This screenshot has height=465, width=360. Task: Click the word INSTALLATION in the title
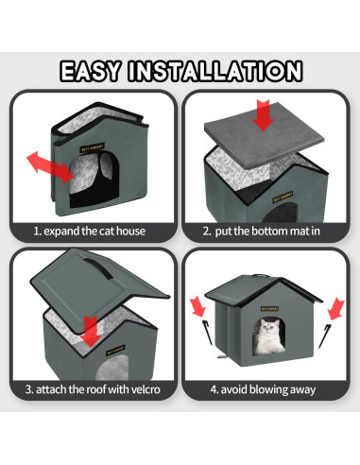219,72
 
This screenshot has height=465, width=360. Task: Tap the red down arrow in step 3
91,330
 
